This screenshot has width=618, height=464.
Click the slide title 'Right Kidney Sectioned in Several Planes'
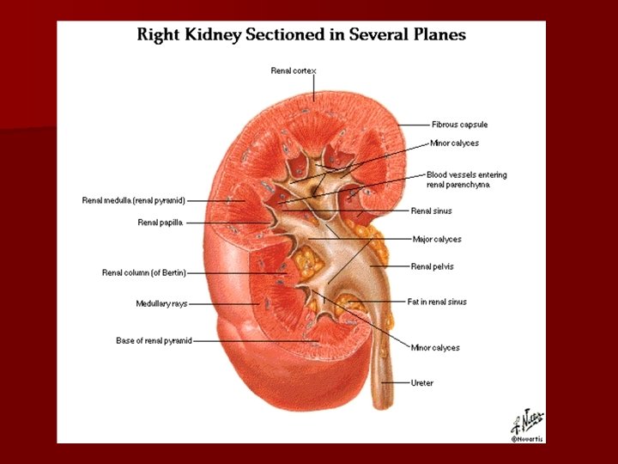pyautogui.click(x=302, y=35)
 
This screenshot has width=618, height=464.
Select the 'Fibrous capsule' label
pyautogui.click(x=459, y=125)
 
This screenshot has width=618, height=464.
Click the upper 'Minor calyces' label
pyautogui.click(x=454, y=143)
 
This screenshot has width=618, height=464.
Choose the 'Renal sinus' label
pyautogui.click(x=431, y=211)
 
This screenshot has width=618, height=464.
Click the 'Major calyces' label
pyautogui.click(x=436, y=239)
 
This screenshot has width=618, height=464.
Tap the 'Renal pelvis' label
pyautogui.click(x=432, y=266)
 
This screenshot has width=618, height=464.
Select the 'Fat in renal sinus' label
pyautogui.click(x=437, y=302)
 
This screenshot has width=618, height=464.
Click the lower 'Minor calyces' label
pyautogui.click(x=434, y=348)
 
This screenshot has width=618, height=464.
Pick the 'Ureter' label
pyautogui.click(x=421, y=383)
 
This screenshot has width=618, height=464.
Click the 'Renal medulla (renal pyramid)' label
pyautogui.click(x=133, y=201)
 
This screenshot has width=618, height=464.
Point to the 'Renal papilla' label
pyautogui.click(x=161, y=223)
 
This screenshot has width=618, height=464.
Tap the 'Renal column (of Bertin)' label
pyautogui.click(x=143, y=273)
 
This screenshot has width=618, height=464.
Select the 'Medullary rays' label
pyautogui.click(x=161, y=303)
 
